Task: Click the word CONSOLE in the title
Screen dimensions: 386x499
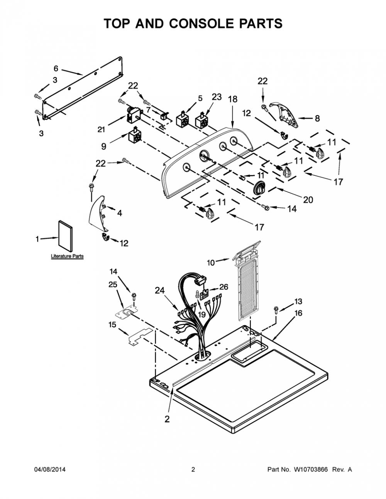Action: click(205, 24)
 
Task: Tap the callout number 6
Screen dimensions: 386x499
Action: click(56, 68)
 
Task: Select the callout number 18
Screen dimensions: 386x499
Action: click(232, 99)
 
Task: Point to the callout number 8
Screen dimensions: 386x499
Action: click(317, 118)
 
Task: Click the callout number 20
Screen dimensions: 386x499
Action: click(308, 200)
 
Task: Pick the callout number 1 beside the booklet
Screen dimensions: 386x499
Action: click(37, 239)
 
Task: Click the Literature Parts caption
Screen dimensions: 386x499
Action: click(67, 256)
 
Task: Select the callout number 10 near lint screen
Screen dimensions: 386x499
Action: click(211, 263)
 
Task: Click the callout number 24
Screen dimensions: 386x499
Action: click(160, 290)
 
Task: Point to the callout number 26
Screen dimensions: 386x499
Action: click(223, 287)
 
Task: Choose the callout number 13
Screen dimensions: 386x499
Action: click(298, 301)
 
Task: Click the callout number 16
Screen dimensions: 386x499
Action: click(298, 313)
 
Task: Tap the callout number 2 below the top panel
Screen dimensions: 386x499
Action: click(167, 419)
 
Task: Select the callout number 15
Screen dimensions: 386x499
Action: click(113, 325)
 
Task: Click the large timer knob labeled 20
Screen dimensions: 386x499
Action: click(259, 189)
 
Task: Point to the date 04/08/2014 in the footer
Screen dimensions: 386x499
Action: click(50, 469)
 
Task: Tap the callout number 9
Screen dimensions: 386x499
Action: click(104, 146)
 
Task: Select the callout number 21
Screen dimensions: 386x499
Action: click(101, 130)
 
